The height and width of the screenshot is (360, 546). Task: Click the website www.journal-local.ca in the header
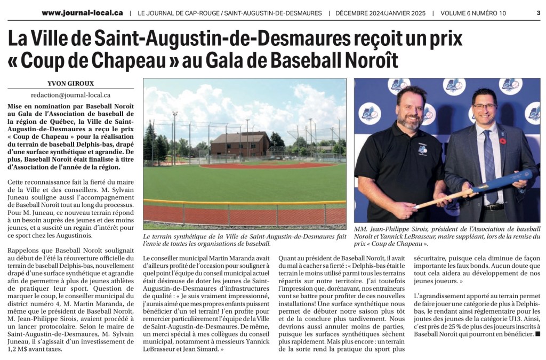[x=82, y=13]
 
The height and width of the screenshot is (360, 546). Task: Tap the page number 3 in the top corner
[x=538, y=13]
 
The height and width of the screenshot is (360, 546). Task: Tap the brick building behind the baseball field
[x=239, y=142]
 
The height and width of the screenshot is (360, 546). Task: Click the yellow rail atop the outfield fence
[x=245, y=202]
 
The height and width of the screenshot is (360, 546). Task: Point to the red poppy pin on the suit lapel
[x=502, y=142]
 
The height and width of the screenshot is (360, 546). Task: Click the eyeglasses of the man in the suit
[x=484, y=107]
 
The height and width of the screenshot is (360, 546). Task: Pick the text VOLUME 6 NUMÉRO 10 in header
[x=473, y=13]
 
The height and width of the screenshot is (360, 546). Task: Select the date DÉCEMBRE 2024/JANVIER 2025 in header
[x=380, y=13]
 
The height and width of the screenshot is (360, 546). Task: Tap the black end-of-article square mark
[x=537, y=334]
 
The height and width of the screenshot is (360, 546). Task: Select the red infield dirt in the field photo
[x=267, y=166]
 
